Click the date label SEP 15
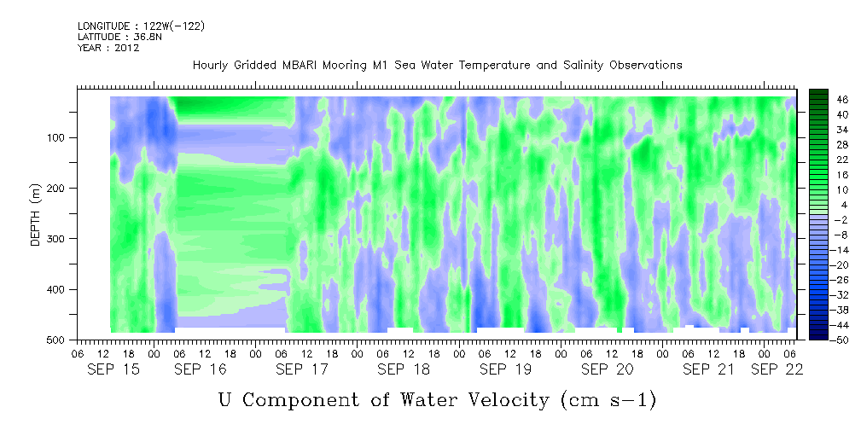pyautogui.click(x=113, y=369)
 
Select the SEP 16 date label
pyautogui.click(x=201, y=369)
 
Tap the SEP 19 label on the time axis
pyautogui.click(x=505, y=369)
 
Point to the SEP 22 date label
pyautogui.click(x=777, y=369)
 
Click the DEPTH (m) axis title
pyautogui.click(x=36, y=215)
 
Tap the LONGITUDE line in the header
pyautogui.click(x=141, y=26)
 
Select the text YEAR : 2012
pyautogui.click(x=108, y=48)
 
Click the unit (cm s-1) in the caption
pyautogui.click(x=608, y=400)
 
